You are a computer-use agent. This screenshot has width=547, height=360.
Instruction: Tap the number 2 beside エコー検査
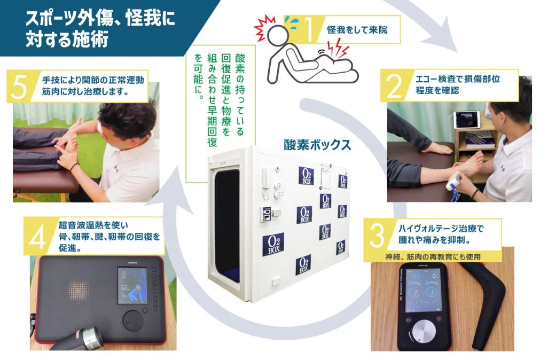pyautogui.click(x=395, y=86)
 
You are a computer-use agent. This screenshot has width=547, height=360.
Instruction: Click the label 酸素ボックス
pyautogui.click(x=317, y=144)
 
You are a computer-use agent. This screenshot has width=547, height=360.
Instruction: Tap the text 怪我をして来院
pyautogui.click(x=357, y=30)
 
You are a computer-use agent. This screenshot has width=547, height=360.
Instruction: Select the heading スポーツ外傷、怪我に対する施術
pyautogui.click(x=100, y=29)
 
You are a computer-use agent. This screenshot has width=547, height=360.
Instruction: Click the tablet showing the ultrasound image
pyautogui.click(x=467, y=120)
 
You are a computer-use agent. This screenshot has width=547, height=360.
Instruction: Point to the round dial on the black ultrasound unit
pyautogui.click(x=132, y=319)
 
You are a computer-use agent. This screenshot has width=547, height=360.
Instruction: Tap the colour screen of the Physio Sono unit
pyautogui.click(x=132, y=286)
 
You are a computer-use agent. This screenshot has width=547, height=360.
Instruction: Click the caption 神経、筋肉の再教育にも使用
pyautogui.click(x=433, y=257)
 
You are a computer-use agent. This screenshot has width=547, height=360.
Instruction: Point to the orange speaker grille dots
pyautogui.click(x=78, y=291)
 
